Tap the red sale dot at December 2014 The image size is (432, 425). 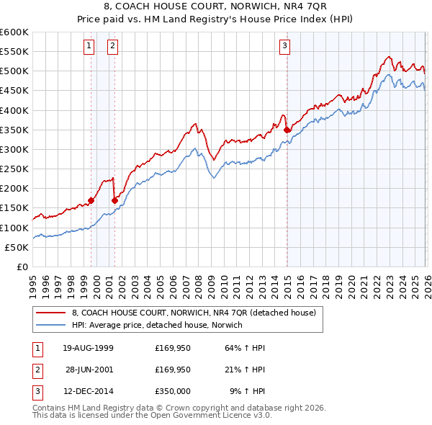click(287, 130)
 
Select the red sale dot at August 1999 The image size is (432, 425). click(91, 200)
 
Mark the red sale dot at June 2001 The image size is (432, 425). click(115, 200)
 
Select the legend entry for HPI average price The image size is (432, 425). click(157, 326)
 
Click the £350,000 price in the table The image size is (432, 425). click(173, 393)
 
